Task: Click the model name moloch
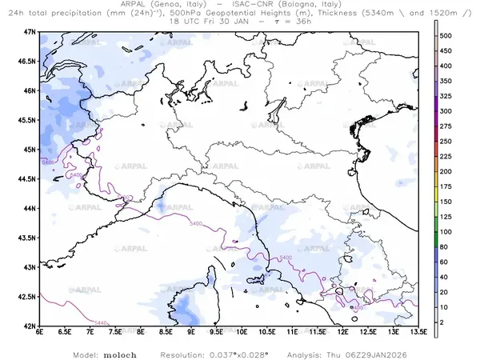pos(118,354)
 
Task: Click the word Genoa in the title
pos(164,4)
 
